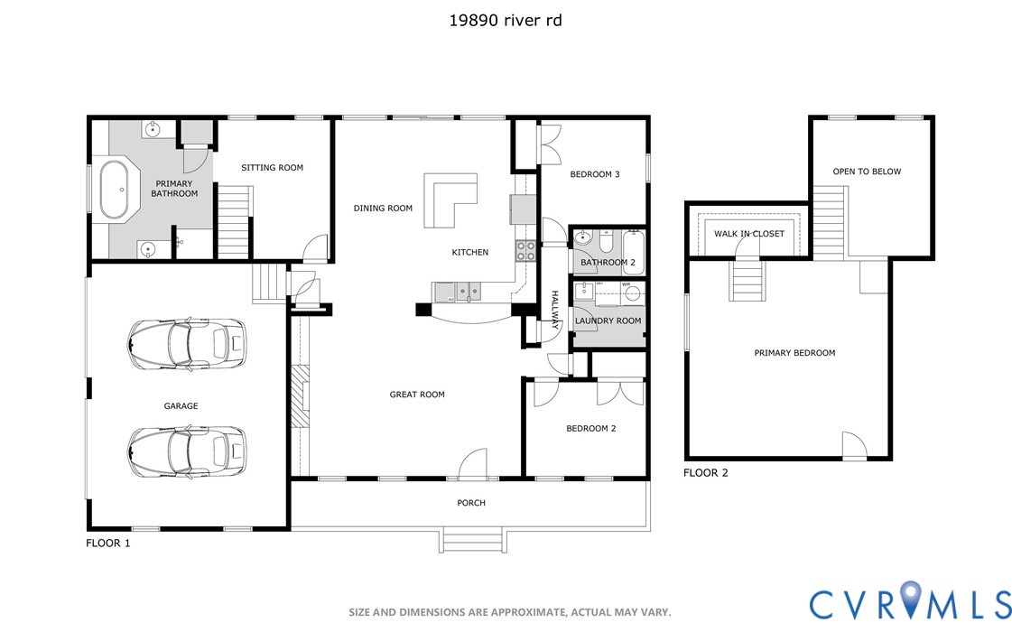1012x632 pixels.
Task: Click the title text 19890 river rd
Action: (506, 21)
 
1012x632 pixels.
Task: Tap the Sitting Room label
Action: (272, 168)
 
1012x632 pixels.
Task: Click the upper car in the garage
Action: (187, 343)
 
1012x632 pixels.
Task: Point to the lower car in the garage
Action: (187, 451)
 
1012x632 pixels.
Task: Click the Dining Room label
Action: (383, 209)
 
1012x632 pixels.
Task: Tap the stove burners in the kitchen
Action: (525, 251)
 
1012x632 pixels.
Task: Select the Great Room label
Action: (417, 395)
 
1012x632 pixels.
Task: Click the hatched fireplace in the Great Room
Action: (300, 396)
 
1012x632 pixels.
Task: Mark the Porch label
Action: (471, 503)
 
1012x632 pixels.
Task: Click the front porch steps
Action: (472, 540)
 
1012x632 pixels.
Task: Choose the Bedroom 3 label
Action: (594, 174)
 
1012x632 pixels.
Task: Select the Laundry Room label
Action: (608, 321)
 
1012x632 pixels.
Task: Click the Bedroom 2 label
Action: (591, 429)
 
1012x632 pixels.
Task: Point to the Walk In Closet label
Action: (749, 234)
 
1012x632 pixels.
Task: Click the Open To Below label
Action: (867, 172)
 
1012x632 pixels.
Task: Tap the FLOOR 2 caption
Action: (705, 472)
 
